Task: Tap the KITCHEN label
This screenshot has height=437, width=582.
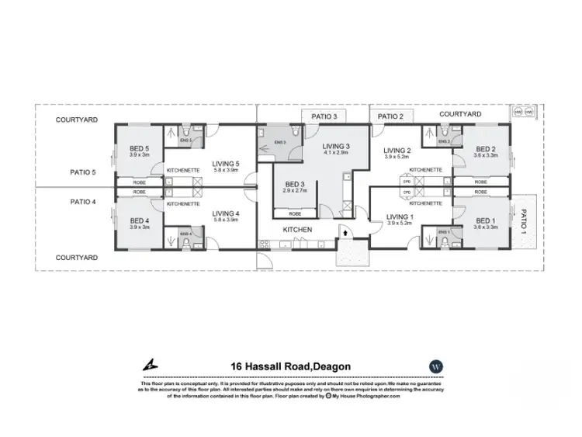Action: point(296,230)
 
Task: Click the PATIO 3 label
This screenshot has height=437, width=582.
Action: point(324,116)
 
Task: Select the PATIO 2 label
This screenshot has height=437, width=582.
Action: point(390,116)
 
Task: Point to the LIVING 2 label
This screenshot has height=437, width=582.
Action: point(397,151)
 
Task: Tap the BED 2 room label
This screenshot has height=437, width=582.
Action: point(486,149)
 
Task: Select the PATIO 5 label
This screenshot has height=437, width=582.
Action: point(82,172)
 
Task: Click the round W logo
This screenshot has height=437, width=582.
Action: point(435,366)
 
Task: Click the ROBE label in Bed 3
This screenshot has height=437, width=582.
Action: point(295,213)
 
